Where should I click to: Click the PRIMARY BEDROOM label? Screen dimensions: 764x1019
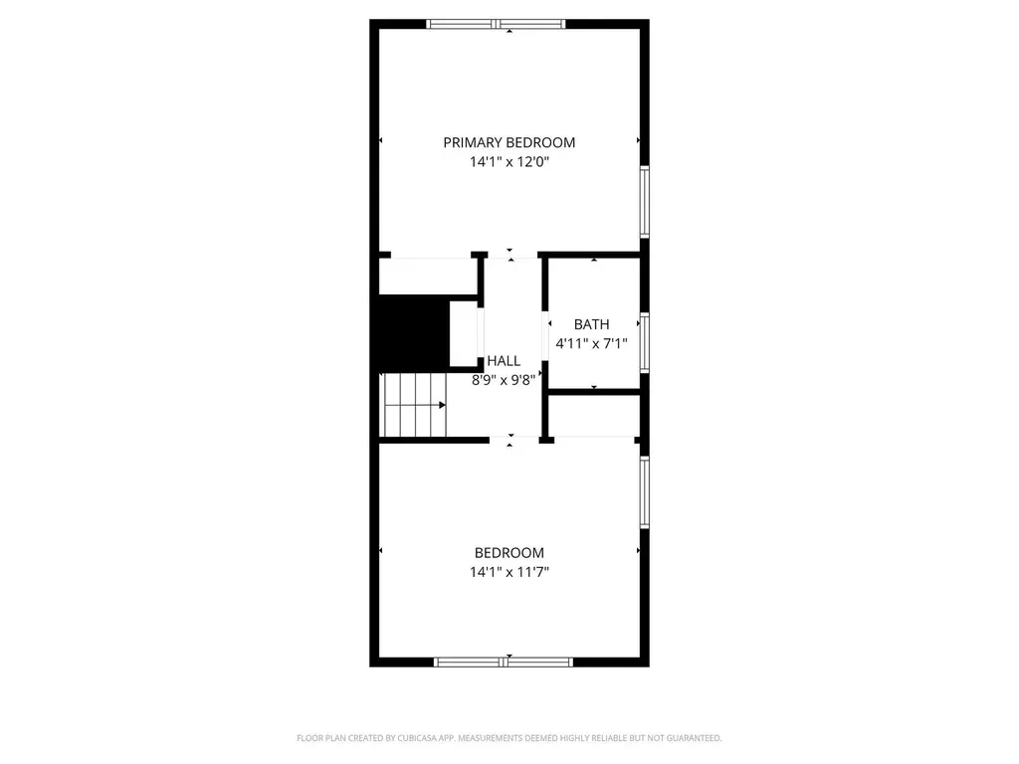(x=509, y=142)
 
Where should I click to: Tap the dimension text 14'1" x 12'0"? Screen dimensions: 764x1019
(x=509, y=161)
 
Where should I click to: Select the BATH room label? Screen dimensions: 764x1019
(x=591, y=324)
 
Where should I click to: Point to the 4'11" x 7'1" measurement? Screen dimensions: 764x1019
(x=591, y=344)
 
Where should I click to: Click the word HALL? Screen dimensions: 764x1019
(x=504, y=361)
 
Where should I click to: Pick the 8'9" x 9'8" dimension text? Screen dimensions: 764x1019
(x=504, y=379)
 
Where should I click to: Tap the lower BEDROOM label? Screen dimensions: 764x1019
(x=509, y=553)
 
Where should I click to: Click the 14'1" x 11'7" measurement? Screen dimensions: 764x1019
(x=509, y=572)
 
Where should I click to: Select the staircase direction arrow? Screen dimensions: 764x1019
(x=441, y=405)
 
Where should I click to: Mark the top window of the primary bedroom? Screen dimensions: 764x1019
(x=496, y=24)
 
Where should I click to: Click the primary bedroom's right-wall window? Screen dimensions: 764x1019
(x=645, y=201)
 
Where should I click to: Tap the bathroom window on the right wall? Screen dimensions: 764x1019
(x=645, y=342)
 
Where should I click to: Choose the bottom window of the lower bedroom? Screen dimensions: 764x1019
(x=504, y=661)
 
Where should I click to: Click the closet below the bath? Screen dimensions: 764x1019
(x=593, y=416)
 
